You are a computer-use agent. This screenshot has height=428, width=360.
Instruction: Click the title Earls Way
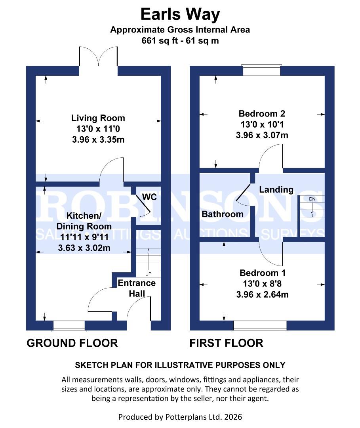pyautogui.click(x=180, y=15)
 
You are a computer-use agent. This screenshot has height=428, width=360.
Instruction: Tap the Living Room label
pyautogui.click(x=98, y=118)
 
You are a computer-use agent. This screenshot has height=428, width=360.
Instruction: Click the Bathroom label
pyautogui.click(x=223, y=214)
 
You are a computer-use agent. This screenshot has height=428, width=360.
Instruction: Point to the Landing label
pyautogui.click(x=276, y=190)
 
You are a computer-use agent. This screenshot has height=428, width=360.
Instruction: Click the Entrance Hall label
pyautogui.click(x=137, y=288)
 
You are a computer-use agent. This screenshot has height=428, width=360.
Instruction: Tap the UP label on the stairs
pyautogui.click(x=149, y=274)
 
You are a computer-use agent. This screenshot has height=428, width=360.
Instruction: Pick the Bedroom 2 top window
pyautogui.click(x=261, y=70)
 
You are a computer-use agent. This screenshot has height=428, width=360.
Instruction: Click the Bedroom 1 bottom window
pyautogui.click(x=260, y=325)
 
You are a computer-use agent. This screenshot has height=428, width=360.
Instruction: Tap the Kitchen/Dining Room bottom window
pyautogui.click(x=69, y=325)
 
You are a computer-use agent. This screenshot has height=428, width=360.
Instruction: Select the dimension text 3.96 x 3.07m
pyautogui.click(x=262, y=135)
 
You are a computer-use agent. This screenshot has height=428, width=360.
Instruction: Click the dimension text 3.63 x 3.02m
pyautogui.click(x=84, y=248)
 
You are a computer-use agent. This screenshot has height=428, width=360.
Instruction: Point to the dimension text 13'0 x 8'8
pyautogui.click(x=262, y=284)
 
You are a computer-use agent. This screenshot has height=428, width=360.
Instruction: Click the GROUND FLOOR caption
pyautogui.click(x=72, y=343)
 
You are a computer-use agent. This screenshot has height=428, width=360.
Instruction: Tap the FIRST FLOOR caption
pyautogui.click(x=226, y=343)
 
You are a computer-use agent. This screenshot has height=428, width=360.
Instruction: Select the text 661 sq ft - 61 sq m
pyautogui.click(x=180, y=40)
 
